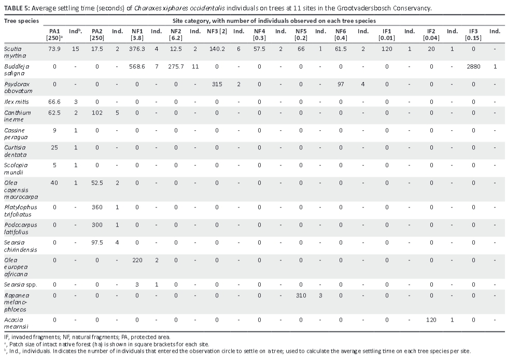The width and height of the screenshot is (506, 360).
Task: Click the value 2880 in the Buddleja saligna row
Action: (x=473, y=66)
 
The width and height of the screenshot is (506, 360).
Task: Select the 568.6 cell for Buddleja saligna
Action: (x=137, y=66)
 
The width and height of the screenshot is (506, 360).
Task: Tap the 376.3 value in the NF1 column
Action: (x=137, y=49)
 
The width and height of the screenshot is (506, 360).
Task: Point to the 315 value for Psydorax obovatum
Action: (x=217, y=84)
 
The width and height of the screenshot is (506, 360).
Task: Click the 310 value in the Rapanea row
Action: (x=301, y=295)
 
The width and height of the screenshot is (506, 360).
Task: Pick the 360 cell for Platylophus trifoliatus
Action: (x=97, y=207)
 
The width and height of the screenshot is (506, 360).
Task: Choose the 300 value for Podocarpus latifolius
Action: (x=97, y=225)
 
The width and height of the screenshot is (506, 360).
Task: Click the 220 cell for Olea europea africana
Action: (x=137, y=260)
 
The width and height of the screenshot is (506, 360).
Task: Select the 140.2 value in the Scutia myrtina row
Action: (x=217, y=49)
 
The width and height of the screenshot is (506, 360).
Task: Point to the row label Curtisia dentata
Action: (x=15, y=151)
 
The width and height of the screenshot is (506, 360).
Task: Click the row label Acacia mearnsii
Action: (x=14, y=323)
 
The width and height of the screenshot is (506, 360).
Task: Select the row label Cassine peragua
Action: (x=16, y=133)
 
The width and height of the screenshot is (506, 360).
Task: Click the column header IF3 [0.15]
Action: (x=473, y=35)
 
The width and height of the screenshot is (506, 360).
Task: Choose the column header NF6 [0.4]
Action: (x=341, y=35)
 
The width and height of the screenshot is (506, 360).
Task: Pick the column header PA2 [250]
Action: (x=97, y=35)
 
